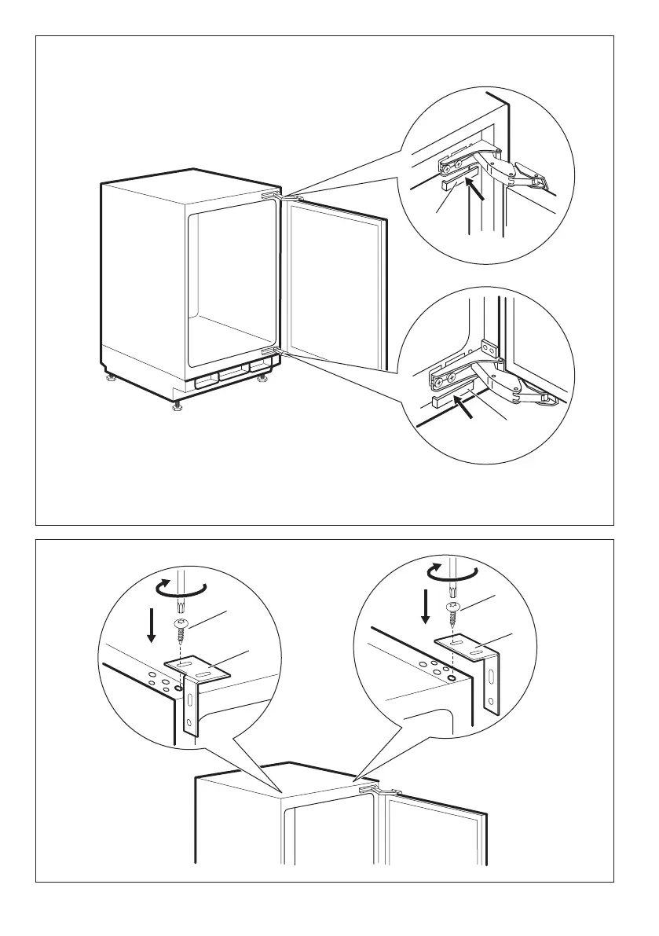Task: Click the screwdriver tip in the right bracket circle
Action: (x=452, y=588)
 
